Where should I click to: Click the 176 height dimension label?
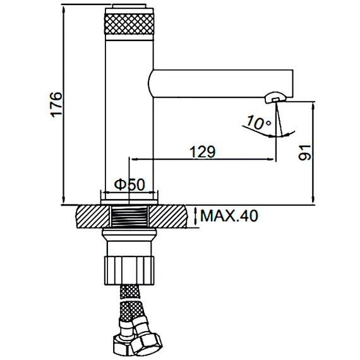pyautogui.click(x=56, y=105)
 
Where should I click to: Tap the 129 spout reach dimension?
pyautogui.click(x=203, y=152)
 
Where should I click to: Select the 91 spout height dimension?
pyautogui.click(x=304, y=153)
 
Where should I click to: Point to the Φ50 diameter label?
pyautogui.click(x=130, y=184)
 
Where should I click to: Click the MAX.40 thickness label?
pyautogui.click(x=229, y=215)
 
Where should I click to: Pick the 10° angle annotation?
pyautogui.click(x=258, y=123)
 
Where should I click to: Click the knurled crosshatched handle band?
pyautogui.click(x=129, y=24)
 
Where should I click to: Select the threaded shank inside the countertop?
pyautogui.click(x=129, y=216)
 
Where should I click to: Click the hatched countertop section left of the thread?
pyautogui.click(x=93, y=217)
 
